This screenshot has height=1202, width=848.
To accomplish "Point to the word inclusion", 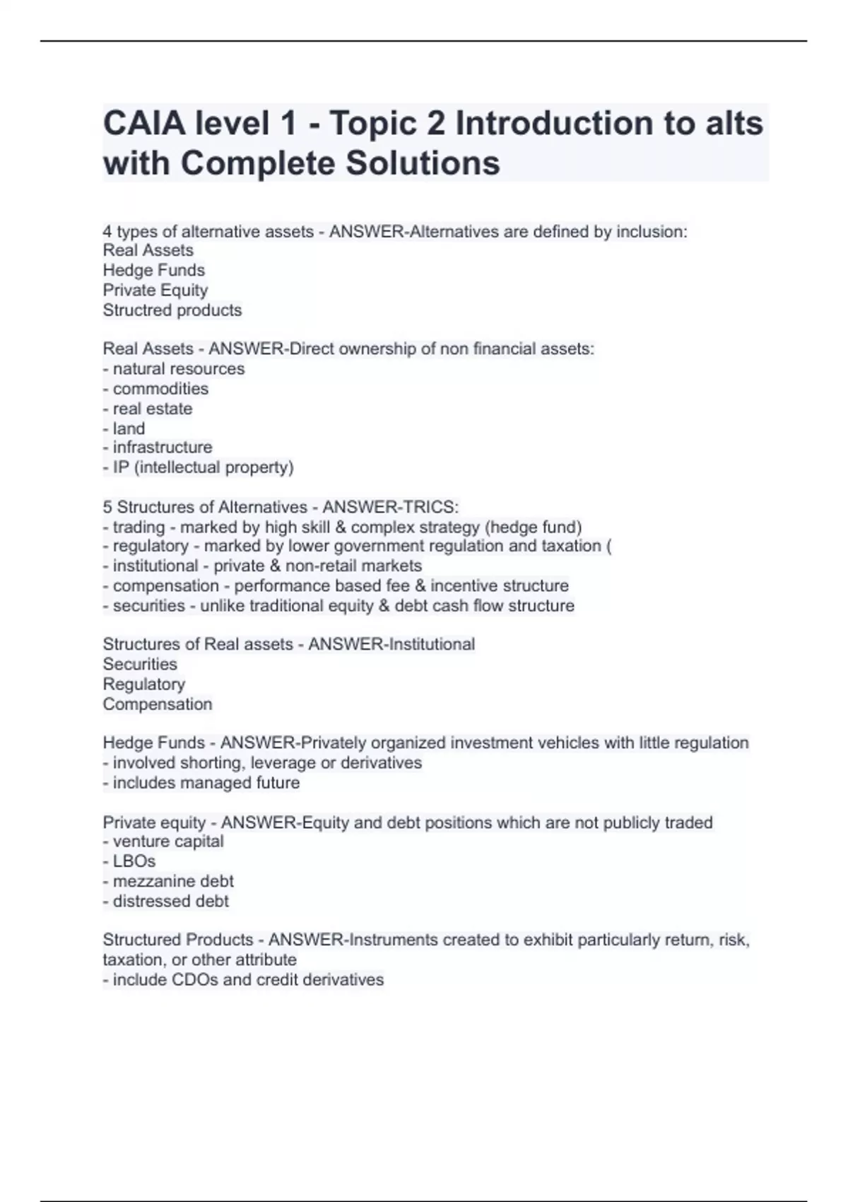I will click(x=653, y=232).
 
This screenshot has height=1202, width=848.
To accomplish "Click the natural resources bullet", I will click(x=178, y=369).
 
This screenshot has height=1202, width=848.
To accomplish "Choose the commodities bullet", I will click(x=160, y=389).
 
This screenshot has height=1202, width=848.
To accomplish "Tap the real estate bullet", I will click(x=152, y=409).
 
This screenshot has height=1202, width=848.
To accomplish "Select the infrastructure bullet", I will click(x=162, y=448).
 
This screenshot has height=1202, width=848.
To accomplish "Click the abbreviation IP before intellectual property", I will click(x=121, y=467).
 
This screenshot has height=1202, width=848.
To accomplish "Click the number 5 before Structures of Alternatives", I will click(x=107, y=508).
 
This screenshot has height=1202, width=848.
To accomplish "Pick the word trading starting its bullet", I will click(x=139, y=527).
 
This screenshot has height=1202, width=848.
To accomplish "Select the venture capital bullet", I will click(x=167, y=841).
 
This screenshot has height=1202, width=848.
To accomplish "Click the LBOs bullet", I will click(x=134, y=861).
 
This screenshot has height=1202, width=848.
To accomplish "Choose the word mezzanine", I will click(x=146, y=882).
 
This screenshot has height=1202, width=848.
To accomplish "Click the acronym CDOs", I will click(x=195, y=980).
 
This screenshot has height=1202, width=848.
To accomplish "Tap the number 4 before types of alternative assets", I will click(x=107, y=232).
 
